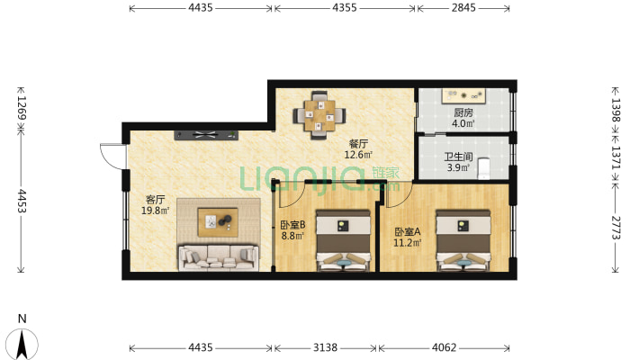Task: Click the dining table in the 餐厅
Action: [319, 115]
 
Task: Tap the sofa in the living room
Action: [219, 257]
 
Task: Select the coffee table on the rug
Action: [218, 222]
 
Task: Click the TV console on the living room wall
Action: [206, 135]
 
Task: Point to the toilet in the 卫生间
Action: [483, 168]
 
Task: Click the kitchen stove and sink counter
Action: [464, 96]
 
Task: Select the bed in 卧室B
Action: [343, 240]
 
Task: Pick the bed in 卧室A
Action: [463, 240]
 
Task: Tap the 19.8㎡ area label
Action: [156, 211]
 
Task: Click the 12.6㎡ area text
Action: [358, 155]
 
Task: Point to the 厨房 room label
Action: [463, 112]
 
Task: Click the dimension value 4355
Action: [345, 8]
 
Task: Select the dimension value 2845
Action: [463, 8]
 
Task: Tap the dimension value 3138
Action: [325, 347]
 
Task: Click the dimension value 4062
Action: [445, 347]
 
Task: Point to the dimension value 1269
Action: [22, 108]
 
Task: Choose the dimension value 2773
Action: [616, 228]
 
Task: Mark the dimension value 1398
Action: [616, 110]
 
